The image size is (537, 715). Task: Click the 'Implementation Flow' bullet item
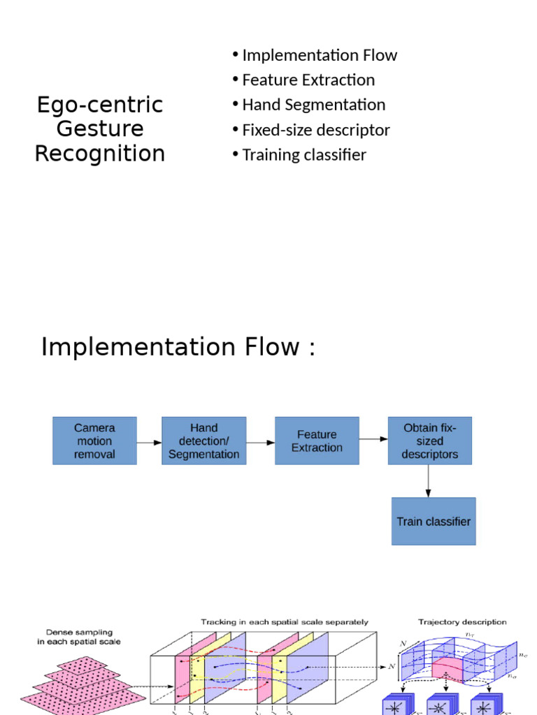pos(319,55)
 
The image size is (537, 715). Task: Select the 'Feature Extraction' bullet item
pos(308,80)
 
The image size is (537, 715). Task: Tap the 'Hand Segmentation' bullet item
pos(313,105)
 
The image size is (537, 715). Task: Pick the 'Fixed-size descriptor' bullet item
pos(315,130)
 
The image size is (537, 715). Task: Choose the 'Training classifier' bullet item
pos(303,155)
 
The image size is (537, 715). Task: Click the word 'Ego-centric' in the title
pos(100,105)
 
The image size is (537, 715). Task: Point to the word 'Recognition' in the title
pos(100,153)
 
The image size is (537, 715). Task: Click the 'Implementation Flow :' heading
pos(178,346)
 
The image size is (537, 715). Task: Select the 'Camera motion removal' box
pos(94,441)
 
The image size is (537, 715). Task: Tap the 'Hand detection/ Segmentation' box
pos(203,441)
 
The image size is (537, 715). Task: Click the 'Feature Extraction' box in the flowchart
pos(317,441)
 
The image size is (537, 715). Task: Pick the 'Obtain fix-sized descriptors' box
pos(430,441)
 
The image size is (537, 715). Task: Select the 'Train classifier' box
pos(434,522)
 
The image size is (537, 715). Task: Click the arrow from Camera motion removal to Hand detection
pos(149,442)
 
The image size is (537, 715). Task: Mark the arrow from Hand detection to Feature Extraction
pos(260,442)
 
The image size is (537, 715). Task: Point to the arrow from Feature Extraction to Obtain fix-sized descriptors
pos(373,438)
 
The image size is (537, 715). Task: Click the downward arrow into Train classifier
pos(429,481)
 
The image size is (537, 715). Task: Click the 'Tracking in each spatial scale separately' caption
pos(285,622)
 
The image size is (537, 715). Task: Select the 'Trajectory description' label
pos(462,622)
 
